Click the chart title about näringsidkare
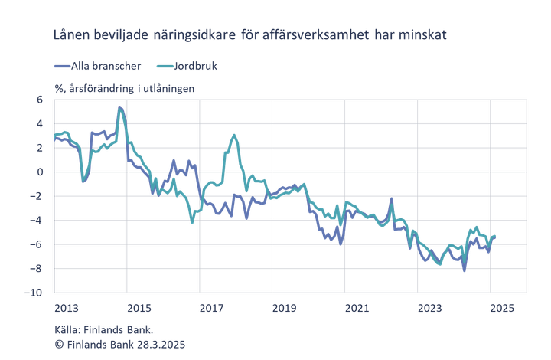pos(249,35)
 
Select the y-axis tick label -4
pos(38,220)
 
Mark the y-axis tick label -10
pos(37,293)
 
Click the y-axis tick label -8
pos(38,268)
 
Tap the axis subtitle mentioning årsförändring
pos(124,88)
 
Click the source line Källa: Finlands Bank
pos(103,330)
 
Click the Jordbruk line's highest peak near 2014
pos(120,106)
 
